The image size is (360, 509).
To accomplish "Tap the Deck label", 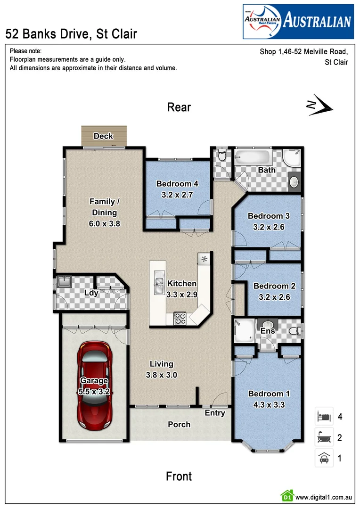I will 103,136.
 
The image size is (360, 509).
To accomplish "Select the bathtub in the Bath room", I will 253,156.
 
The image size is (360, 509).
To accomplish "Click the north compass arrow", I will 320,106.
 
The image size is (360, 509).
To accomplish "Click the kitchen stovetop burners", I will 180,318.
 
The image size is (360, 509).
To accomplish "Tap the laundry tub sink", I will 64,282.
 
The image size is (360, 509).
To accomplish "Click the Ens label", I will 268,331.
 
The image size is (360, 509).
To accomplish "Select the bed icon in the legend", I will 324,417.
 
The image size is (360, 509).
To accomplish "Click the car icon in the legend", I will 324,458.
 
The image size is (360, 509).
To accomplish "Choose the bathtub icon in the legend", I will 324,438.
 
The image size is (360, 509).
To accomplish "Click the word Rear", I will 179,107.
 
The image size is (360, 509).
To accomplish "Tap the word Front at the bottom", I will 179,476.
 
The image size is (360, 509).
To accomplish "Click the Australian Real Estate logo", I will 298,21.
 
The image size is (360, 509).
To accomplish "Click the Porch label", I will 180,425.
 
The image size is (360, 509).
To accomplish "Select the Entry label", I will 215,413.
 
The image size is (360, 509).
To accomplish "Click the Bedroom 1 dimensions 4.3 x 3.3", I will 269,404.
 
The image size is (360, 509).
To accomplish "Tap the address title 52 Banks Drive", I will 71,34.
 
